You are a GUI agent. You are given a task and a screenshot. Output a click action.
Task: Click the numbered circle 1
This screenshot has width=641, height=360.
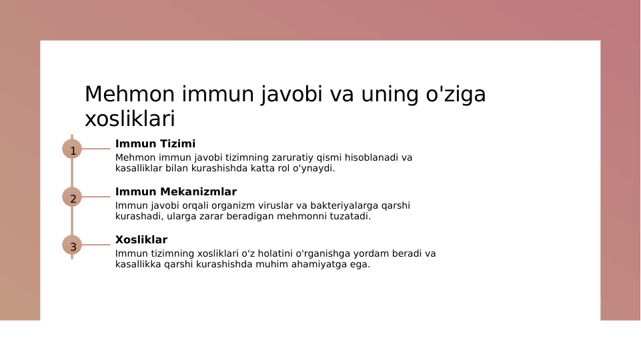click(x=72, y=149)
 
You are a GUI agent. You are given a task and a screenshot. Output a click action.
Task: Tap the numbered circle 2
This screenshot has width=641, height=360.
click(x=72, y=197)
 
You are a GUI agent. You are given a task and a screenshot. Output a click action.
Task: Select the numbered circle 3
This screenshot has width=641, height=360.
click(x=72, y=245)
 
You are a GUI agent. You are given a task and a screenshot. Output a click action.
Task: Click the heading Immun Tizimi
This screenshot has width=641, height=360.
click(x=155, y=144)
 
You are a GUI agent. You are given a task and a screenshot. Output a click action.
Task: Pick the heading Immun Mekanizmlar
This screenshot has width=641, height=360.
click(x=175, y=192)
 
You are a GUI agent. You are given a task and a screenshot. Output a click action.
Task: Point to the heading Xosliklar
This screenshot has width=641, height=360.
click(x=141, y=240)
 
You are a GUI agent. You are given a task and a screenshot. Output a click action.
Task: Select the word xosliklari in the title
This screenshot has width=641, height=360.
click(x=129, y=119)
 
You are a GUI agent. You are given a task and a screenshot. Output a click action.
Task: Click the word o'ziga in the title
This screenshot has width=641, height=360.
click(x=456, y=95)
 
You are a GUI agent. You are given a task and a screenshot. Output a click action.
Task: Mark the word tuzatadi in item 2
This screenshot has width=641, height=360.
click(x=348, y=217)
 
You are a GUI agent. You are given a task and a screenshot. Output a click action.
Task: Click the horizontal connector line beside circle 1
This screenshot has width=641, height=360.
click(x=95, y=149)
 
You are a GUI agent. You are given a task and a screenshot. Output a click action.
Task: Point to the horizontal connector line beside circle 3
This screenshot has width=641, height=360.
click(x=95, y=245)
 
